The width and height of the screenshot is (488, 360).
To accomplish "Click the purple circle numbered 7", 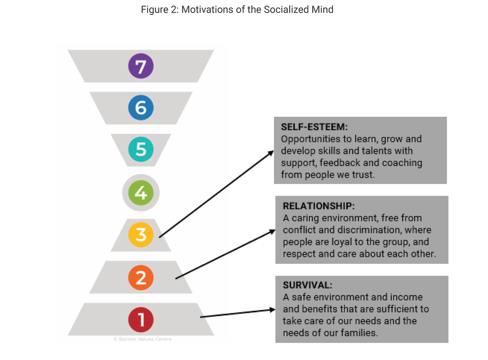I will point(141,66).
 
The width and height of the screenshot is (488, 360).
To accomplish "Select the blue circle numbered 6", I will point(141,108).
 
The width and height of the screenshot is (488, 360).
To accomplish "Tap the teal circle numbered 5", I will point(141,149).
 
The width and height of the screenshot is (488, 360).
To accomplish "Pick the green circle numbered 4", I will point(141,193).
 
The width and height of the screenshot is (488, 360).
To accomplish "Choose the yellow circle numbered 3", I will point(141,235).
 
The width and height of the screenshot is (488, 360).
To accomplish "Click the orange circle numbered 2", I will point(141,277).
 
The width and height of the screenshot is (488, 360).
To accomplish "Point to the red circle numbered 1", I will point(141,319).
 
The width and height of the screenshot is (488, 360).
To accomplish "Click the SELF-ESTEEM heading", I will point(314,127).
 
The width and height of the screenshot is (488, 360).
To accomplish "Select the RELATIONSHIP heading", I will point(319,206).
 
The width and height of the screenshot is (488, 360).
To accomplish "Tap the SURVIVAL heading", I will point(307,285).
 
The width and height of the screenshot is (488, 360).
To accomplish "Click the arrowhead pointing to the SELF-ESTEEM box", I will point(271,153).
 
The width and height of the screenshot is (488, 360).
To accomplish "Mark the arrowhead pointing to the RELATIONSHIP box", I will point(272,231).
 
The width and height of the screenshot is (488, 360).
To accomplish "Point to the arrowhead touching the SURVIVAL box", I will point(272,310).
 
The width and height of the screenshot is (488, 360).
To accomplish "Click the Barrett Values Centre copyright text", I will point(142,339).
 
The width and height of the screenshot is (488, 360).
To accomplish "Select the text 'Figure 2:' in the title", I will point(159,9).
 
